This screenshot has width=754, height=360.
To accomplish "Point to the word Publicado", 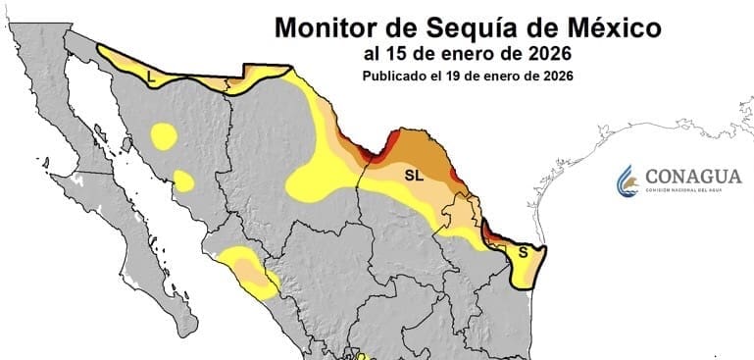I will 393,75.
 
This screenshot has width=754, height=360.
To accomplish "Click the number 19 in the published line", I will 460,75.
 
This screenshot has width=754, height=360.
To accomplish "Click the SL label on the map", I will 413,174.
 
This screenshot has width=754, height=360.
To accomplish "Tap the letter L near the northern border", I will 150,75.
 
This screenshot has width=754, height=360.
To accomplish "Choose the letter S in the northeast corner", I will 523,252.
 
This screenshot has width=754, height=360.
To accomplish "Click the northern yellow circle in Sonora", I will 163,134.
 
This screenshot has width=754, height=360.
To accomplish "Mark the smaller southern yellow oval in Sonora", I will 183,180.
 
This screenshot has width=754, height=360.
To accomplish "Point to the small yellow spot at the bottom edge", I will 360,356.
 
